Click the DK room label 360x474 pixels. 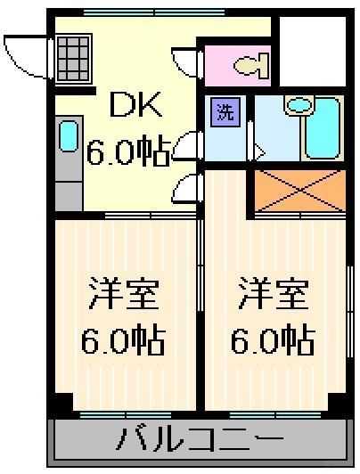click(135, 109)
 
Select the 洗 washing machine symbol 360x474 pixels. click(225, 113)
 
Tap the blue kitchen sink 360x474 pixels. click(68, 136)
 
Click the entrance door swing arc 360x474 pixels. click(24, 53)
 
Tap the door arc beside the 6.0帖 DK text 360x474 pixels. click(188, 145)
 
